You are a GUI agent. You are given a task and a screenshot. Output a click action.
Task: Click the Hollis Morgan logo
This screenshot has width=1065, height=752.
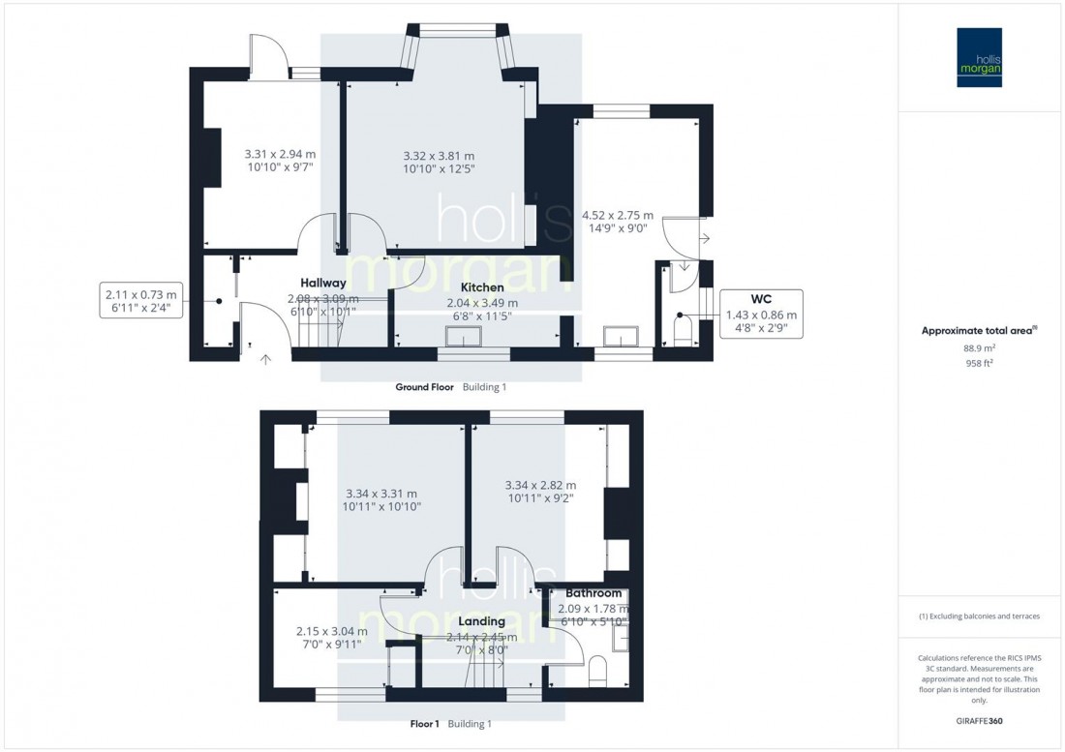tap(980, 57)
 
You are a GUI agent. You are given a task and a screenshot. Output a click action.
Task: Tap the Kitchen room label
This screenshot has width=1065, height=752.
tap(481, 288)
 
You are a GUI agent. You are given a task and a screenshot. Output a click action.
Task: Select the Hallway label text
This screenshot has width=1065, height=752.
tap(323, 282)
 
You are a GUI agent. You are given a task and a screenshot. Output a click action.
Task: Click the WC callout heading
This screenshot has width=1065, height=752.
tap(761, 298)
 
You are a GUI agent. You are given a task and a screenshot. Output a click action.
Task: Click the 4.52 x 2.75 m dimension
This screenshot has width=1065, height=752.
tap(617, 216)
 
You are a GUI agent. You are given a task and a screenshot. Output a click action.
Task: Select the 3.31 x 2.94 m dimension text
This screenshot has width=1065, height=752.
tap(280, 154)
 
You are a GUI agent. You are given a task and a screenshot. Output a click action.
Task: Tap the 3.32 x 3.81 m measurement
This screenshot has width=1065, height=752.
tap(439, 156)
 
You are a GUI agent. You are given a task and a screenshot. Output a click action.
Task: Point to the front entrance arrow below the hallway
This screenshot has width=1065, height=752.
tap(266, 360)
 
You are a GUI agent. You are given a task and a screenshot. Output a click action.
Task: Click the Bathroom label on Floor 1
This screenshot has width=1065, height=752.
tap(593, 593)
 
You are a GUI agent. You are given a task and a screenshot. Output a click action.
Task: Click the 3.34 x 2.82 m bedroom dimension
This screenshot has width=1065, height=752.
tap(540, 486)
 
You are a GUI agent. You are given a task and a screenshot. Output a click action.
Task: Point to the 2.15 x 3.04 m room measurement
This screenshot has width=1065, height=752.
tap(332, 632)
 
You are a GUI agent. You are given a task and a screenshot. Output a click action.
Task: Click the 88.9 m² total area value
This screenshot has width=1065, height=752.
tap(980, 347)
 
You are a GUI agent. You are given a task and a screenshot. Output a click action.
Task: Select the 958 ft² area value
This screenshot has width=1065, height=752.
tap(980, 363)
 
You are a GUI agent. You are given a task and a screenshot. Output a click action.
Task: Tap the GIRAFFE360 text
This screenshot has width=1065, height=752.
tap(981, 722)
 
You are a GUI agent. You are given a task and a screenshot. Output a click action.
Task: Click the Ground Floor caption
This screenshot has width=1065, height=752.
tap(424, 387)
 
